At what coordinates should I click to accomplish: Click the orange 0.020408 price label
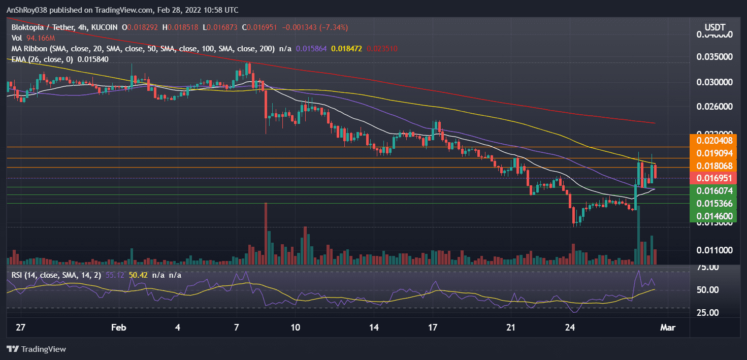(x=718, y=140)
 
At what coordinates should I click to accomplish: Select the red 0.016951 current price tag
(x=718, y=178)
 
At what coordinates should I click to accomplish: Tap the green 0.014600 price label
(x=718, y=216)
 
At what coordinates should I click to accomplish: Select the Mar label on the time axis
(x=667, y=327)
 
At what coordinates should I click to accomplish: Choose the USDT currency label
(x=714, y=27)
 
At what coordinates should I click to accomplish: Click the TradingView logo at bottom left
(x=36, y=349)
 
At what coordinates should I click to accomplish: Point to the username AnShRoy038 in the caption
(x=27, y=10)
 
